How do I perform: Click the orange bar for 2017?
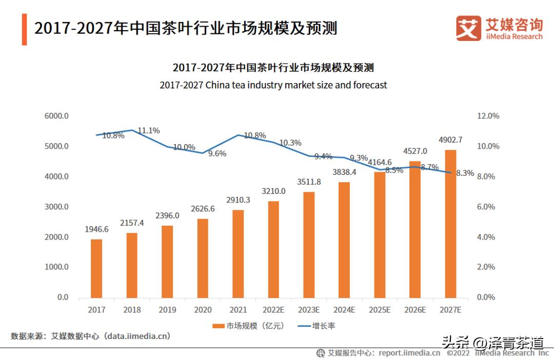[x=96, y=268]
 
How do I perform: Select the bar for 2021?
[x=239, y=254]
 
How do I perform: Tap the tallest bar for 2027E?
[x=450, y=224]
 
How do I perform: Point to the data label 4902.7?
[x=450, y=139]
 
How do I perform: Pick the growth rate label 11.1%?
[x=149, y=131]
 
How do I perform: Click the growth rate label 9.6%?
[x=217, y=153]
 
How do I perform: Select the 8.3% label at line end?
[x=465, y=173]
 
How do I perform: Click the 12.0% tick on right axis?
[x=488, y=116]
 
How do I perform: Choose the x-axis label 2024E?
[x=345, y=310]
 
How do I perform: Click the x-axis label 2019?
[x=167, y=310]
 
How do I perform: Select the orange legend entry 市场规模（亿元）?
[x=248, y=326]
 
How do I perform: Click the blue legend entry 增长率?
[x=318, y=326]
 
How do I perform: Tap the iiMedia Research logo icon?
[x=468, y=28]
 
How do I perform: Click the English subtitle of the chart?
[x=273, y=85]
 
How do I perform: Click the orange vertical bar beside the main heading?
[x=24, y=29]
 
